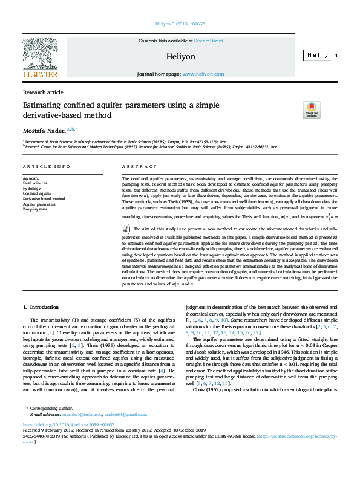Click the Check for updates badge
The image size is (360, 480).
point(311,109)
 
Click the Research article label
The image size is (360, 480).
point(42,92)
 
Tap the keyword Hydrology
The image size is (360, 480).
point(33,188)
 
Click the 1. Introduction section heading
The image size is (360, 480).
point(41,308)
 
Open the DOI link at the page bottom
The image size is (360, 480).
point(59,443)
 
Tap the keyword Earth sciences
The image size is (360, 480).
point(36,183)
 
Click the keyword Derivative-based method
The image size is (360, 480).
point(44,198)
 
